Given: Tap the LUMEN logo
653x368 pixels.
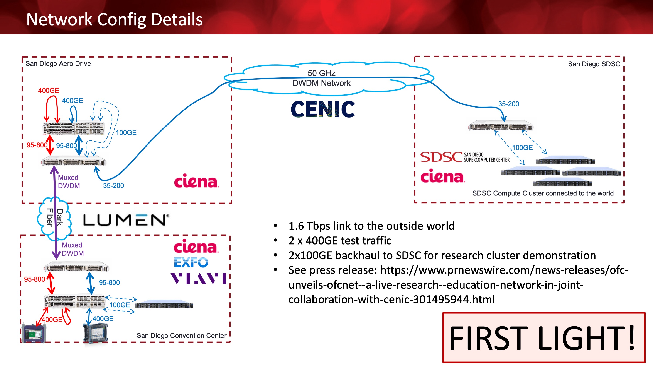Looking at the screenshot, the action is coord(126,220).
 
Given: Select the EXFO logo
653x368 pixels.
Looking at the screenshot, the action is coord(191,262).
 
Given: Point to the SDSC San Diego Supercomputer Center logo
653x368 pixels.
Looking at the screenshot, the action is coord(465,157).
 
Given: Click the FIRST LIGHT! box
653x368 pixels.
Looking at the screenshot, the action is coord(544,337).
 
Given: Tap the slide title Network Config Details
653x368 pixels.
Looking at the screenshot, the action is coord(114,19).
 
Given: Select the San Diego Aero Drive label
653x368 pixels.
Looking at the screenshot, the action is coord(58,63).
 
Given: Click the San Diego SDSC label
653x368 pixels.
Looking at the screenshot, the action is coord(594,64).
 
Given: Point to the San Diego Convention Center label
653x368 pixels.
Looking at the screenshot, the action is coord(182,335).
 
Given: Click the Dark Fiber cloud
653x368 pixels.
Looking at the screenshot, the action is coord(54,219).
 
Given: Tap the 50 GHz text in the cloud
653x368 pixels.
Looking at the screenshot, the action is coord(321,73).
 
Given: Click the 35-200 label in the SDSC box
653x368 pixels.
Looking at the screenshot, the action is coord(508,104).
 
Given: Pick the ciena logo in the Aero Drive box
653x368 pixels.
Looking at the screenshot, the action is coord(196,181).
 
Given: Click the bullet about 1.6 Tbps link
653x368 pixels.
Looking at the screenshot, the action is coord(371,226).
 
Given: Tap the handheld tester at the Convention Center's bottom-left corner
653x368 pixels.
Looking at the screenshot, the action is coord(34,333).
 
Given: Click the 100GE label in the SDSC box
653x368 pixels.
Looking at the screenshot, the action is coord(522,147).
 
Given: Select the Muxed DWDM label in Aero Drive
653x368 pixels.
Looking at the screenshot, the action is coord(69,181).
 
